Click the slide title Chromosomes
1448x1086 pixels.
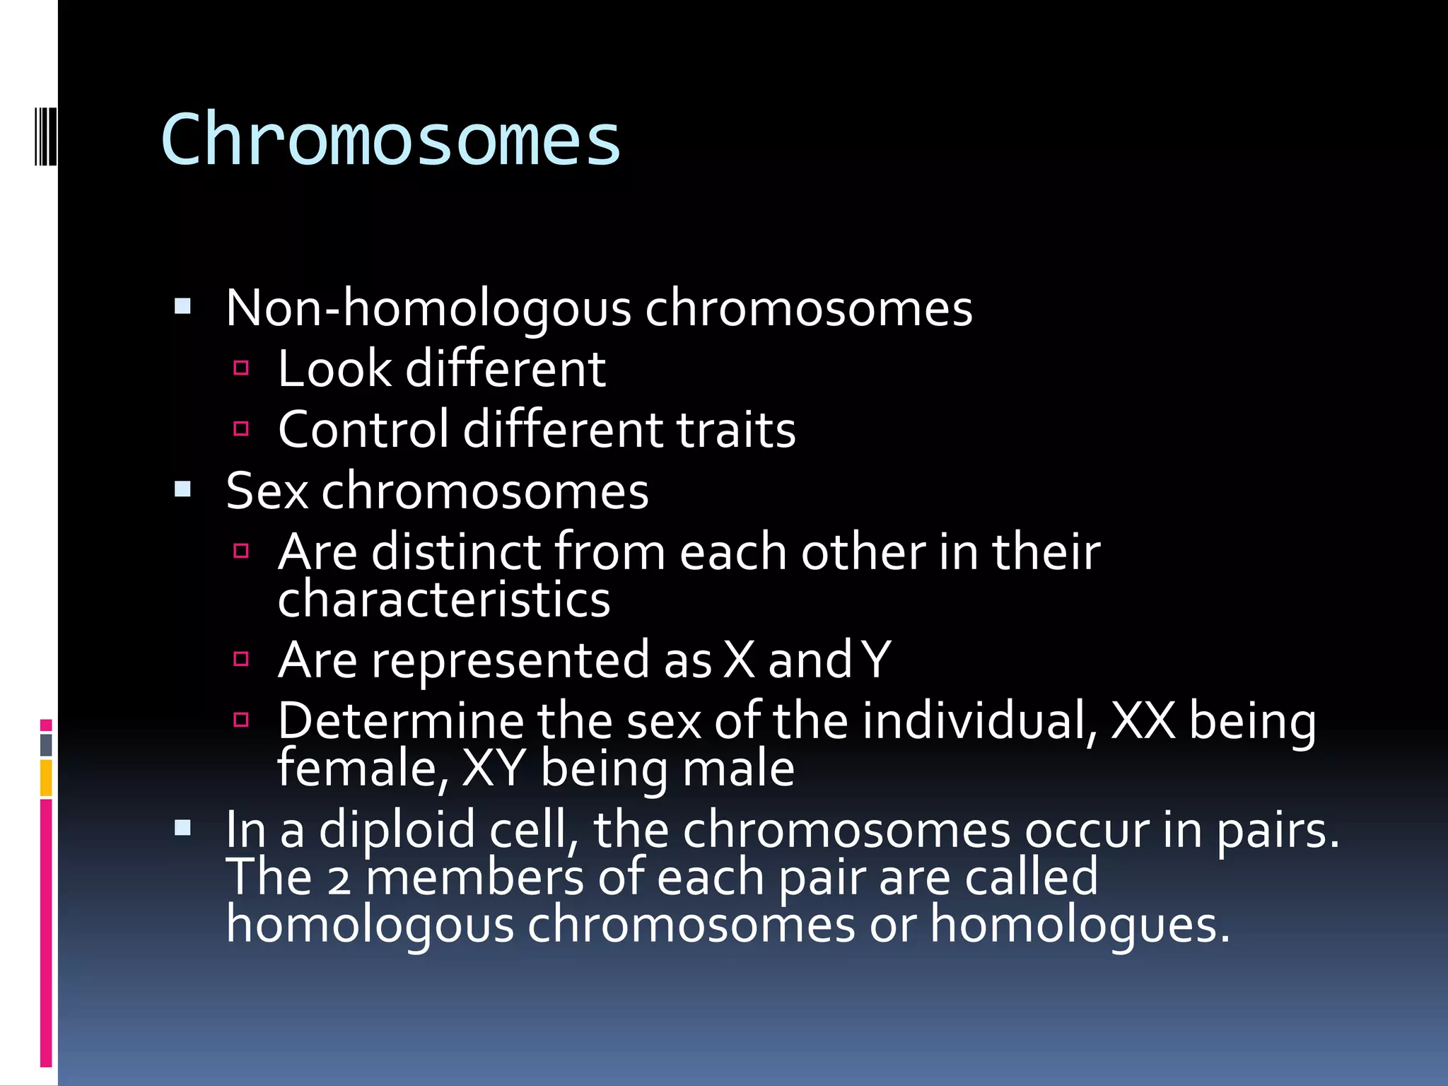(390, 140)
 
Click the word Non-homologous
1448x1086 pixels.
(428, 309)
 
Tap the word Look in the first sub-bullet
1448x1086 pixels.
(334, 369)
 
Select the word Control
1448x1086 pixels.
(363, 430)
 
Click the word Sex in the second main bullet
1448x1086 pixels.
(267, 491)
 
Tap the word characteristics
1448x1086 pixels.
(443, 600)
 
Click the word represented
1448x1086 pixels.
(510, 660)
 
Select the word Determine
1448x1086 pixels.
(400, 721)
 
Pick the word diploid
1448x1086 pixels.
(397, 830)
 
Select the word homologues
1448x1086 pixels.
(1079, 925)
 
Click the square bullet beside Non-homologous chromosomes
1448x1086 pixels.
(183, 307)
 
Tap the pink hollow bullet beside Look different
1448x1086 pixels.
(241, 368)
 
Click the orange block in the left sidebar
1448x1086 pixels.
(46, 778)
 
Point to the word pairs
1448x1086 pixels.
(1277, 830)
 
